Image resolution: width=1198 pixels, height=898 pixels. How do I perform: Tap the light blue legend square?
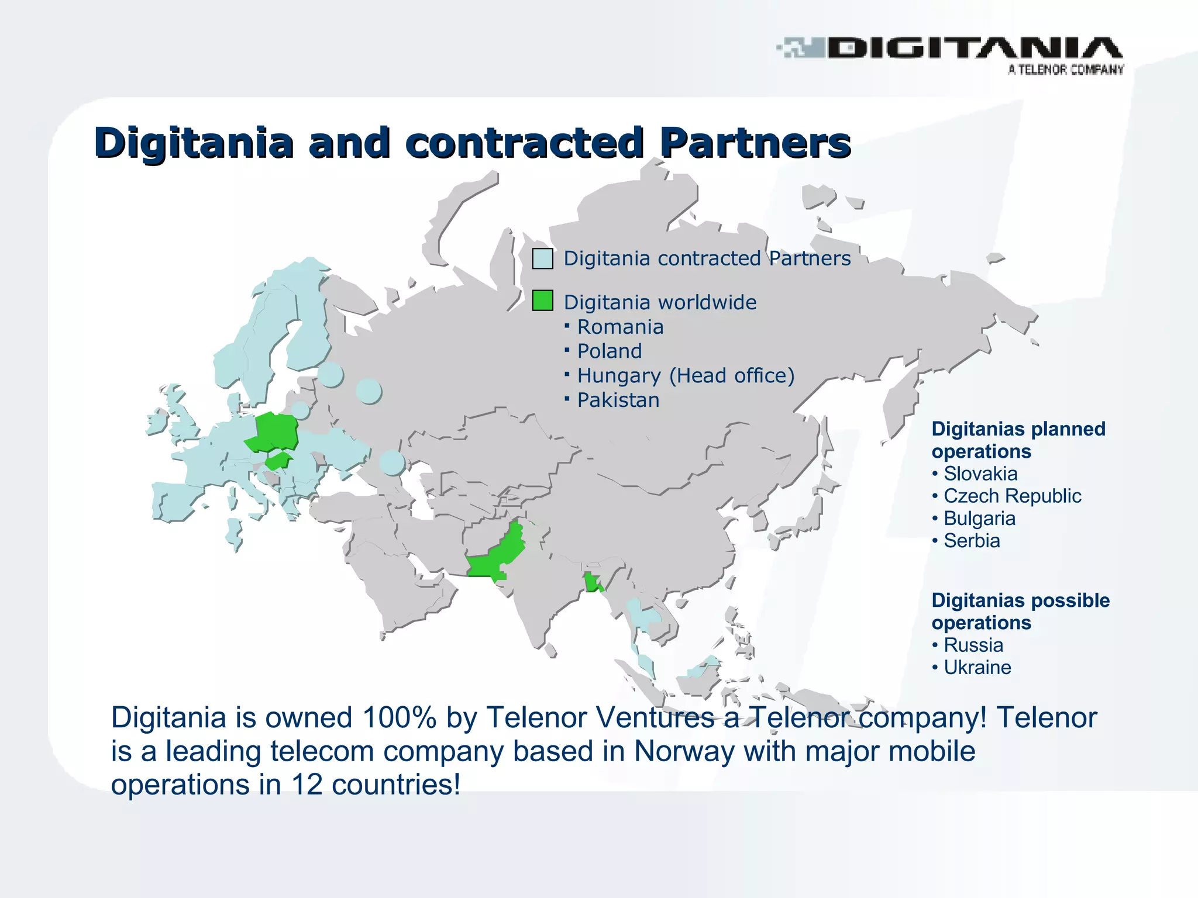click(542, 258)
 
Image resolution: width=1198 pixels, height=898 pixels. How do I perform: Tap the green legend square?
click(542, 301)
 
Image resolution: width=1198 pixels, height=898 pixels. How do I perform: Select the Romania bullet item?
click(620, 327)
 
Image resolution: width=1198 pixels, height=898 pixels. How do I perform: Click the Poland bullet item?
click(609, 351)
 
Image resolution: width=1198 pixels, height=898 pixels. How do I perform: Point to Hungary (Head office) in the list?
click(686, 376)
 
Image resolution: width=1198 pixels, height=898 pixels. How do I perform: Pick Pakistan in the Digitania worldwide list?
click(618, 400)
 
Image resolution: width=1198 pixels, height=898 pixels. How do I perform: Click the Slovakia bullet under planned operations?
click(980, 474)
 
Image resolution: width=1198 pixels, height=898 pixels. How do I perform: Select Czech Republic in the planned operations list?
click(1012, 496)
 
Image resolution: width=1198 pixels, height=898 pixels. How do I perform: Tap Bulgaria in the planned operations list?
click(979, 519)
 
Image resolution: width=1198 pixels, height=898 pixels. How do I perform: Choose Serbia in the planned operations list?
click(971, 541)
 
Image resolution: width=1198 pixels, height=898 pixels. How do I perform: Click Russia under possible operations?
click(973, 645)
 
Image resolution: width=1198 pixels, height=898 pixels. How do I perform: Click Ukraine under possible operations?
click(977, 668)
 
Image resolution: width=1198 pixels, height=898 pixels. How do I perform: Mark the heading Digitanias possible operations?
click(1020, 612)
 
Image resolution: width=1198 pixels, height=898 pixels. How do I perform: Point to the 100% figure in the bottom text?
click(399, 717)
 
